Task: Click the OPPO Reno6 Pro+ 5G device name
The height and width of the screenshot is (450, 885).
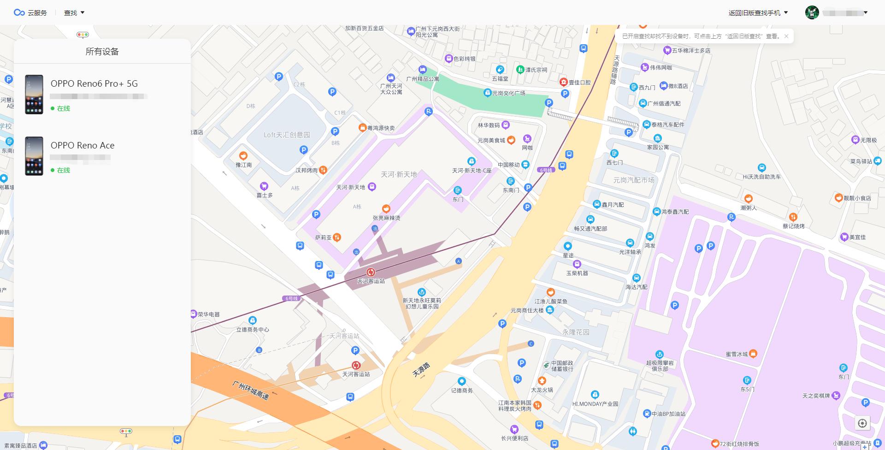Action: (x=94, y=83)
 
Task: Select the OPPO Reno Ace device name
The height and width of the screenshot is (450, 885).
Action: (x=83, y=145)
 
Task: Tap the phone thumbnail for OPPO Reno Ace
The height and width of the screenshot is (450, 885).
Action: (x=34, y=156)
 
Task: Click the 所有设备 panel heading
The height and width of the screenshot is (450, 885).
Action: (x=102, y=52)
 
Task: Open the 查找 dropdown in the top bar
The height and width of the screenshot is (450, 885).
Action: (x=74, y=13)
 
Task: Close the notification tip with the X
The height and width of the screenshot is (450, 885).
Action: (x=786, y=36)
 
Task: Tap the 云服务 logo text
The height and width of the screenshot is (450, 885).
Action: (x=37, y=13)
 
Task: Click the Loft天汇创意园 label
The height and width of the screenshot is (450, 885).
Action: (x=287, y=135)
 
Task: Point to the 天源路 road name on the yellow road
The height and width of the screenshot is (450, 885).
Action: (x=421, y=369)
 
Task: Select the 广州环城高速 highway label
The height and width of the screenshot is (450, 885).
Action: (x=250, y=391)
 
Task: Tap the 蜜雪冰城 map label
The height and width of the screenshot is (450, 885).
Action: (x=737, y=354)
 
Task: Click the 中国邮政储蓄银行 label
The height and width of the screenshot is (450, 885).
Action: (x=562, y=366)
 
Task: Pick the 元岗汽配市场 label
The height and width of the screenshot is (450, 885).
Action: (x=633, y=180)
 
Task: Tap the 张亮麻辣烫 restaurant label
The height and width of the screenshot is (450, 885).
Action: (x=386, y=218)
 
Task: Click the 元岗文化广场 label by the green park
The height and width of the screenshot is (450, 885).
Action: (x=508, y=93)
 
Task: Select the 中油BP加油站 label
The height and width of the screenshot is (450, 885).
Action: (x=668, y=414)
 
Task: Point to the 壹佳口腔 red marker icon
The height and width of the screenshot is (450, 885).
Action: (x=563, y=82)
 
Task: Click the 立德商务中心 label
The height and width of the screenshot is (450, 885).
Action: (x=253, y=330)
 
